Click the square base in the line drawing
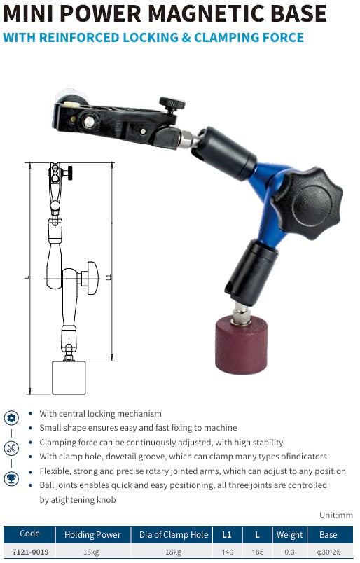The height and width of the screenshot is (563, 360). pos(69,377)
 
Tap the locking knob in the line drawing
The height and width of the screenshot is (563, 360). pos(90,275)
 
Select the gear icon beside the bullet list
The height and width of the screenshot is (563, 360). pos(12,418)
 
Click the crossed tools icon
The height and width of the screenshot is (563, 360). pos(12,448)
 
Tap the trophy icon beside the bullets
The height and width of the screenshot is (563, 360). pos(12,478)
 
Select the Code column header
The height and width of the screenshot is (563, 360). pos(29,534)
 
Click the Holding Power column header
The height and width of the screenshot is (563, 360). pos(92,534)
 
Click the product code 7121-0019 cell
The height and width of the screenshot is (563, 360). pos(29,552)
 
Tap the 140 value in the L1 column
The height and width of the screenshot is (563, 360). pos(227,552)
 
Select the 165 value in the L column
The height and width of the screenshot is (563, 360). pos(257,552)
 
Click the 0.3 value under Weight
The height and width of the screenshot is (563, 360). pos(289,552)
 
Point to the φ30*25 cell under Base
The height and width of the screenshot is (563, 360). pos(328,552)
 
